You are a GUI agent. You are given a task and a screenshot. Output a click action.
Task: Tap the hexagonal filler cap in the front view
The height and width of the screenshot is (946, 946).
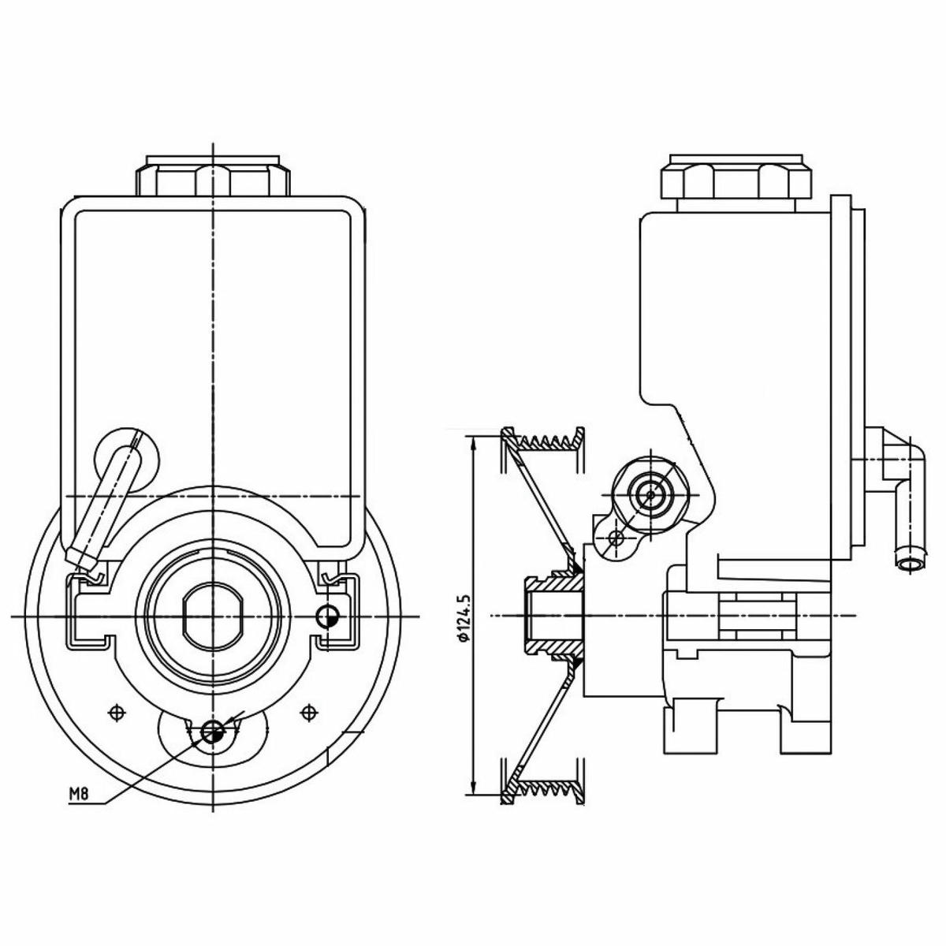pos(213,176)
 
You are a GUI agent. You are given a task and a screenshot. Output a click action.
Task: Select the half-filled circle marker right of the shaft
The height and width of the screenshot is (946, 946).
pos(327,616)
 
